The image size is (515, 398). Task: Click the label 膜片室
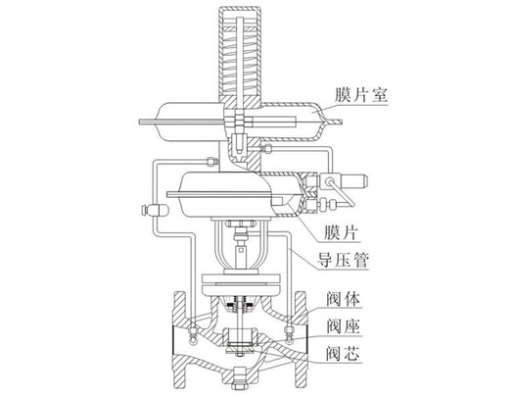click(361, 95)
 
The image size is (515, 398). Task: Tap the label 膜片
click(341, 233)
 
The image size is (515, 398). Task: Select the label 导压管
click(343, 260)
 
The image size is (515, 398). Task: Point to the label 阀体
click(344, 299)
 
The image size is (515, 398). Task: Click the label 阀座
click(344, 326)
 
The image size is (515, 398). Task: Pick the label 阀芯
click(344, 354)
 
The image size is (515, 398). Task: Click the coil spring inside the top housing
click(241, 56)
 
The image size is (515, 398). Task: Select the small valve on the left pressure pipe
click(155, 210)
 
